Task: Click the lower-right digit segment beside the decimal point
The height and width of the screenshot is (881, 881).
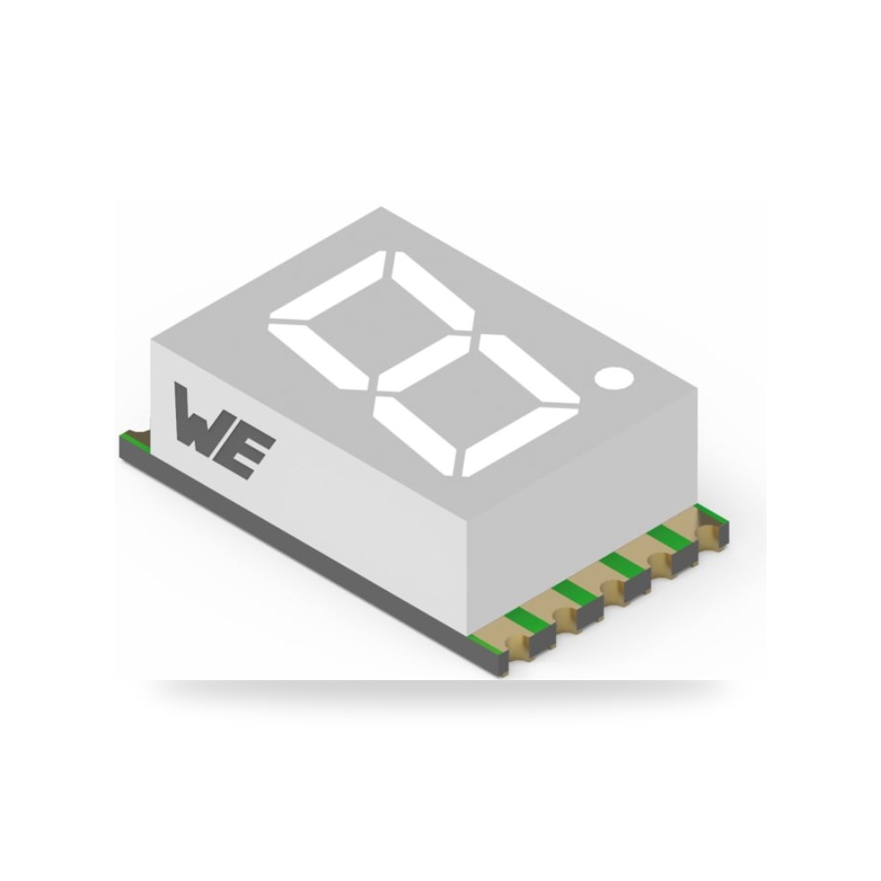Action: point(529,368)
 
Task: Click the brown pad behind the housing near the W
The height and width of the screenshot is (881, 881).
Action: point(143,434)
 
